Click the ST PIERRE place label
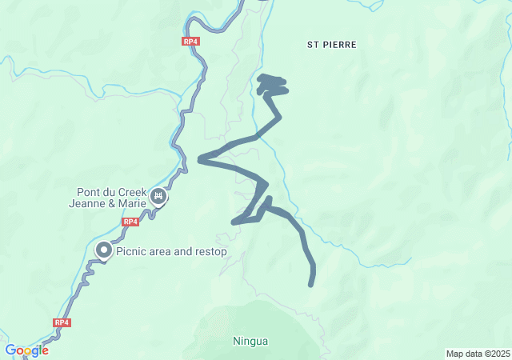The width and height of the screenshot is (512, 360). pyautogui.click(x=331, y=45)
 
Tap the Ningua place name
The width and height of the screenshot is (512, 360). pyautogui.click(x=250, y=342)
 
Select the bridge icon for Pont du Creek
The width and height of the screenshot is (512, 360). pyautogui.click(x=158, y=196)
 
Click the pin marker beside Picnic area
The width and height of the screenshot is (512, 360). pyautogui.click(x=104, y=250)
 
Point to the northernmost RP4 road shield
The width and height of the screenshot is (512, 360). pyautogui.click(x=190, y=42)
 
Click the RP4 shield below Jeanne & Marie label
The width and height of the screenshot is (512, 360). pyautogui.click(x=131, y=222)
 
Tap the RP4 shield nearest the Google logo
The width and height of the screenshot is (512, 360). pyautogui.click(x=62, y=322)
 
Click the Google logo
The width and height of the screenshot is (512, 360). pyautogui.click(x=26, y=350)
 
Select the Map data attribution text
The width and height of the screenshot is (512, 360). pyautogui.click(x=478, y=354)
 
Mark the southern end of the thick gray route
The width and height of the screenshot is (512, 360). pyautogui.click(x=311, y=283)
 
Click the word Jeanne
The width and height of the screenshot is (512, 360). pyautogui.click(x=87, y=203)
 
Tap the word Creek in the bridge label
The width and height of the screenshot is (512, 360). pyautogui.click(x=134, y=192)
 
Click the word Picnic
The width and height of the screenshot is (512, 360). pyautogui.click(x=133, y=251)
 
